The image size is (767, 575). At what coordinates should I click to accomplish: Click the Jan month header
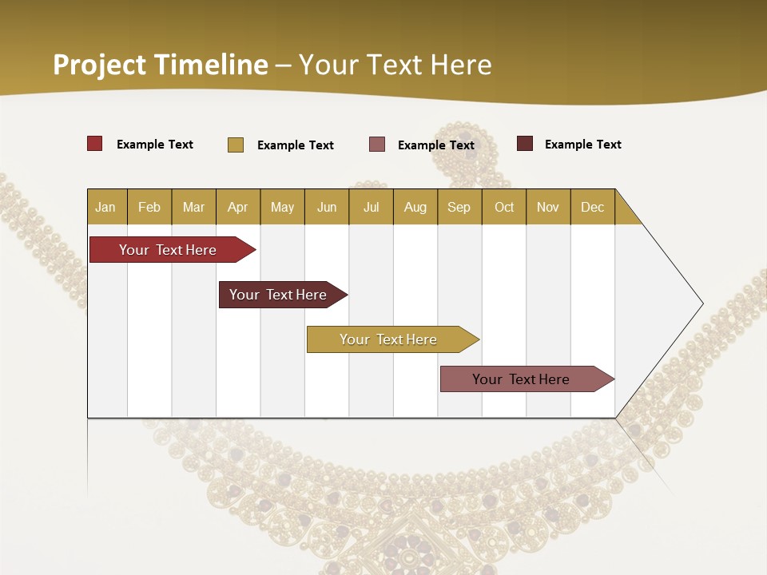(x=106, y=207)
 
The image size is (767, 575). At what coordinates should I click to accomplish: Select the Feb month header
(x=149, y=207)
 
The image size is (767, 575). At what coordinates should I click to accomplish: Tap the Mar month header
(x=193, y=207)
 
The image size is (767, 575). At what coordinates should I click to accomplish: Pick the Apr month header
(x=238, y=207)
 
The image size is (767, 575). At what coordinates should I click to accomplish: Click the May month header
(x=282, y=207)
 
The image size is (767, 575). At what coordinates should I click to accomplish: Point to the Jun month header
(x=327, y=207)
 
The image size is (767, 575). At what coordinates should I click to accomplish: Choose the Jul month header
(x=371, y=207)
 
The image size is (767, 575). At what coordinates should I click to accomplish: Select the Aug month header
(x=415, y=207)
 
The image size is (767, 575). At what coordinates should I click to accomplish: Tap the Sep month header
(x=459, y=207)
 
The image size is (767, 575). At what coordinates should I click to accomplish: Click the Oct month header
(x=504, y=207)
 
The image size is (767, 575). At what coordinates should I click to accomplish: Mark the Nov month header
(x=548, y=207)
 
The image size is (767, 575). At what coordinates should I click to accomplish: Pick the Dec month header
(x=593, y=207)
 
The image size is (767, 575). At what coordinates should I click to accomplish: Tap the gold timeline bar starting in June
(x=389, y=339)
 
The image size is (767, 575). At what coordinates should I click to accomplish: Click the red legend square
(x=95, y=144)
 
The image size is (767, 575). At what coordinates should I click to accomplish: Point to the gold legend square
(x=236, y=145)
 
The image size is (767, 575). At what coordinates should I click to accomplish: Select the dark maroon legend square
(x=525, y=144)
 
